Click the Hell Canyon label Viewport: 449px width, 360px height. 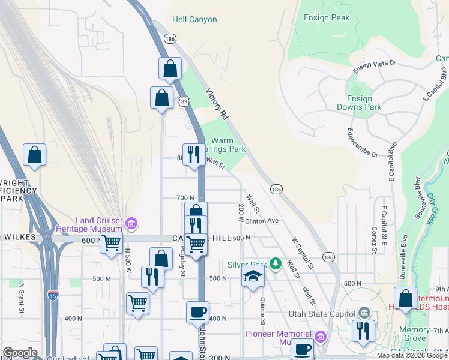click(x=194, y=19)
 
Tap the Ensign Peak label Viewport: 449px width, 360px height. click(x=327, y=17)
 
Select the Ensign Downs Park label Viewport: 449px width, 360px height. click(x=364, y=103)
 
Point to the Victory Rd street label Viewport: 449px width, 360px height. click(x=218, y=103)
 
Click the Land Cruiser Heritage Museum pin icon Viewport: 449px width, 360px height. click(x=132, y=224)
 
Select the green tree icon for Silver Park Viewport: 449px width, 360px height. click(x=275, y=263)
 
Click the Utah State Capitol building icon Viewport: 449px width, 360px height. click(x=364, y=312)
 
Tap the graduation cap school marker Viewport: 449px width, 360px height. click(x=253, y=277)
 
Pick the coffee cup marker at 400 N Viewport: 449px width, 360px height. click(x=197, y=312)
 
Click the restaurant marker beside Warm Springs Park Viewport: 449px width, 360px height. click(x=193, y=155)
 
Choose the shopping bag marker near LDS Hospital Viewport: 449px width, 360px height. click(x=405, y=298)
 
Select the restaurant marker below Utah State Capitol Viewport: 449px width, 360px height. click(x=363, y=331)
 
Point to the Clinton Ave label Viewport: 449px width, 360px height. click(x=262, y=220)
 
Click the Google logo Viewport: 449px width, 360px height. click(x=20, y=353)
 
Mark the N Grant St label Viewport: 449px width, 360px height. click(x=21, y=298)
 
